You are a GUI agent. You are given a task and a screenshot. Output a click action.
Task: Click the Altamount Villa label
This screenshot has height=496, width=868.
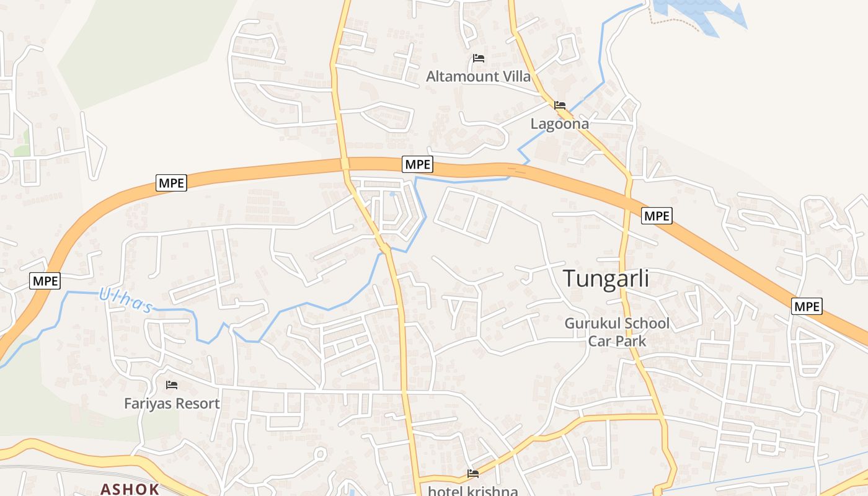coord(478,76)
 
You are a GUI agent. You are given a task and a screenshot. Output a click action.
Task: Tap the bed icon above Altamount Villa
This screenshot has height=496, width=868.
coord(478,58)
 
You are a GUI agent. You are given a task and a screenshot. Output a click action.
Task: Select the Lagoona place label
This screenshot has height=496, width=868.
coord(559,124)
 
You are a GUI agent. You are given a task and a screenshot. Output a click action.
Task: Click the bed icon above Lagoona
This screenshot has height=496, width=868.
coord(560,105)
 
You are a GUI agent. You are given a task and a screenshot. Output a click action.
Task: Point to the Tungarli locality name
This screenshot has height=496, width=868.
coord(606,279)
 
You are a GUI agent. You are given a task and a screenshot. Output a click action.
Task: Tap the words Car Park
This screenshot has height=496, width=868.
coord(616,341)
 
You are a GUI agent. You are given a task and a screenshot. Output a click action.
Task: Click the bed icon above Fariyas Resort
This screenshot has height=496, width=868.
coord(172,385)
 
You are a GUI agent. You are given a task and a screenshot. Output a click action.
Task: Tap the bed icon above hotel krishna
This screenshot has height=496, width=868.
coord(473,474)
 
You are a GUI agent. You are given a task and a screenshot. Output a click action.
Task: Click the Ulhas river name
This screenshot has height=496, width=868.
coord(126,300)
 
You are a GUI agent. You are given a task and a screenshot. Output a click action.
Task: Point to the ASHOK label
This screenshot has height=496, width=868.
coord(130,489)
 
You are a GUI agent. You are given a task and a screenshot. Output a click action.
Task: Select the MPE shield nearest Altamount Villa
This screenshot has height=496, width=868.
coord(417,165)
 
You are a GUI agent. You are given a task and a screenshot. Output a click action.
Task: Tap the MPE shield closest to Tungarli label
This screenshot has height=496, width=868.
coord(656,215)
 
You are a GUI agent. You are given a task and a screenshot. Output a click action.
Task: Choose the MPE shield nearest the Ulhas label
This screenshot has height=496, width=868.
coord(45,281)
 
